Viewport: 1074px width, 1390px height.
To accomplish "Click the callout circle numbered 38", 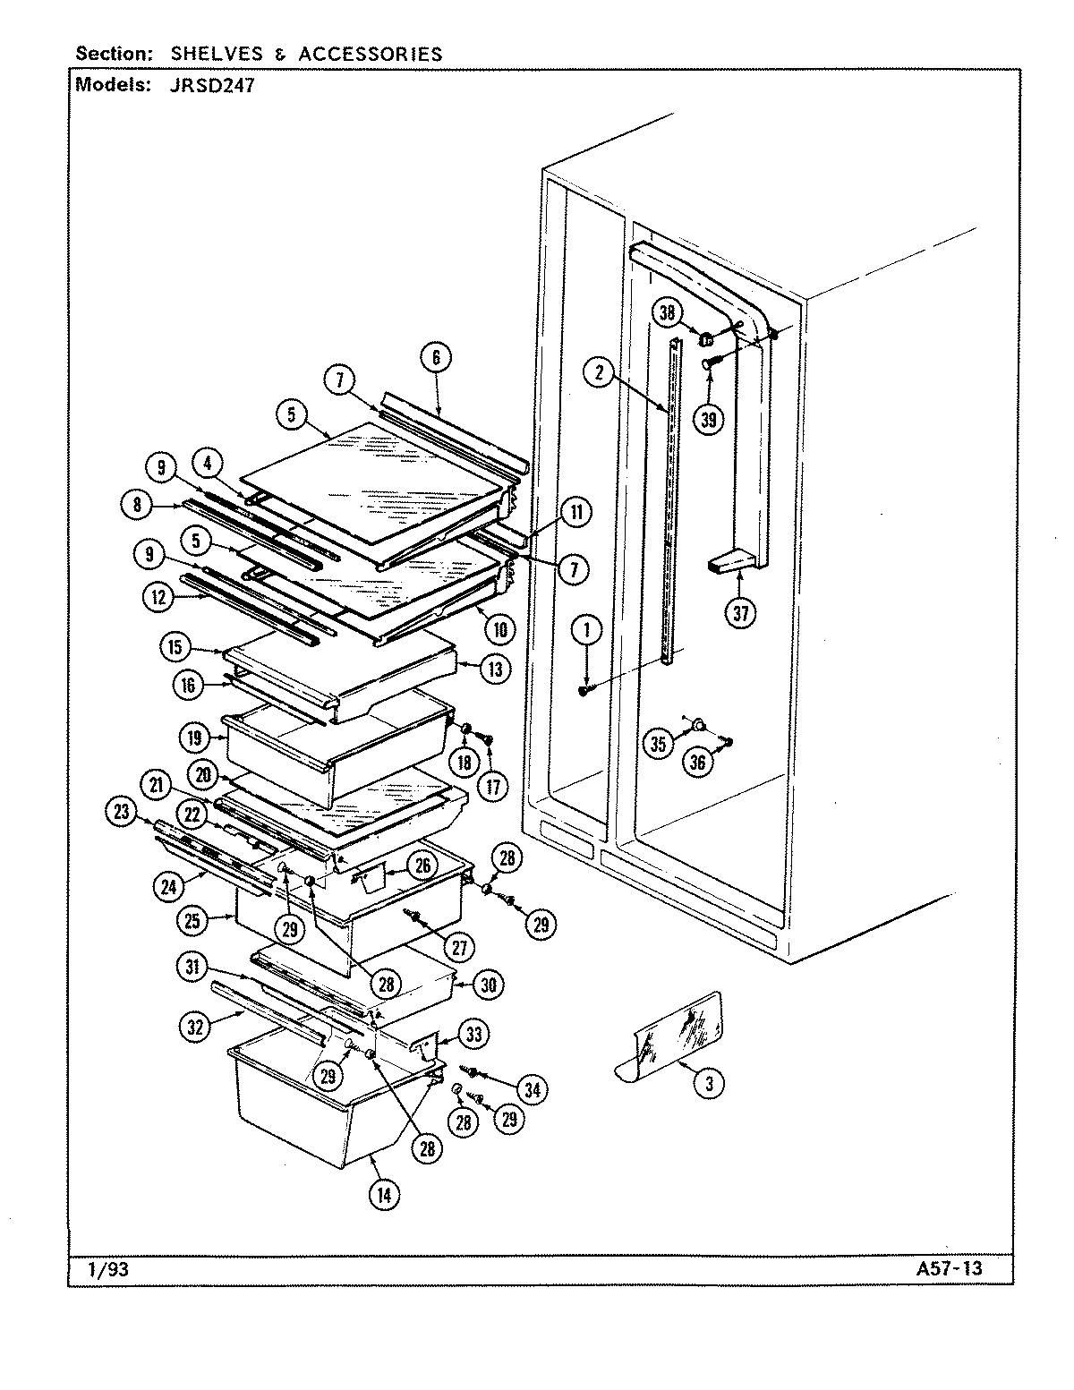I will [666, 312].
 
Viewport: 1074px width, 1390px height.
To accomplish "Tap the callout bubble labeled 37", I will [741, 612].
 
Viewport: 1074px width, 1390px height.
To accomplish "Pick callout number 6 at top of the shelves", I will [436, 358].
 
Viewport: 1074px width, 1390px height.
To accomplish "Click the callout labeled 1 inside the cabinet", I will [587, 630].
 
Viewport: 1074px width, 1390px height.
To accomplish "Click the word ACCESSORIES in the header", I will [370, 54].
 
